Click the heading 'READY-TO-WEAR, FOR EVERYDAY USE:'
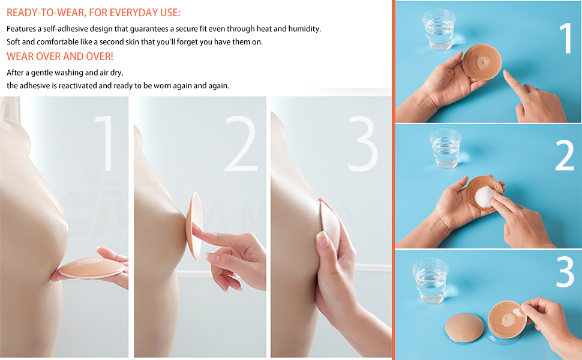click(94, 13)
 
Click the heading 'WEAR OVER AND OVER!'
click(60, 56)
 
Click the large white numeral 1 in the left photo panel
click(104, 143)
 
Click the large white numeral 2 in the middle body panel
click(241, 143)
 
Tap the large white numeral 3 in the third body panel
click(363, 143)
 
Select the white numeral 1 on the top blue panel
click(566, 38)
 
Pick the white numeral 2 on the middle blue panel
click(565, 155)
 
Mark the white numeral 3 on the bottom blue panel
click(565, 272)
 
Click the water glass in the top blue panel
click(439, 29)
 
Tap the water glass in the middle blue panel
click(445, 148)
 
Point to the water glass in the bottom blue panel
click(431, 281)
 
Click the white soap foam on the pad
click(484, 196)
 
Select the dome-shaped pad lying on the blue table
click(464, 328)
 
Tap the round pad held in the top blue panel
click(482, 62)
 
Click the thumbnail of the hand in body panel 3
click(322, 240)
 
